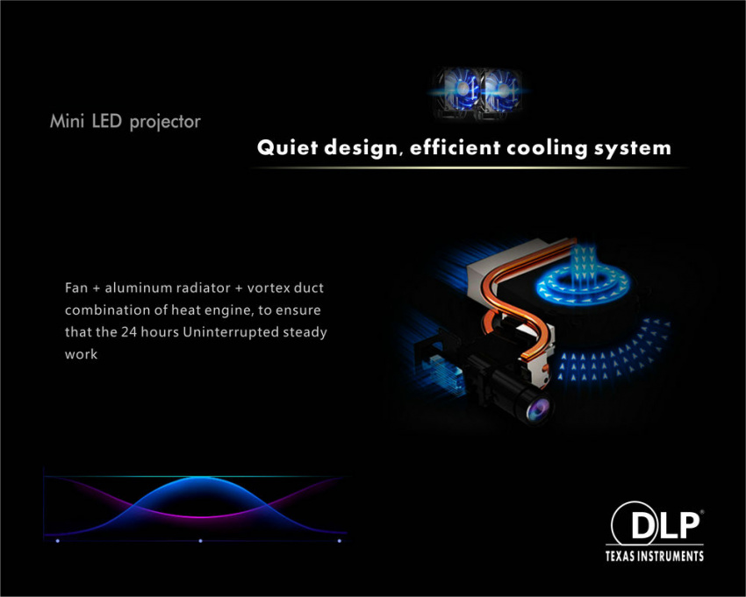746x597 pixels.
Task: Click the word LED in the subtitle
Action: (106, 121)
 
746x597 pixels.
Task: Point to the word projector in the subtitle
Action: (165, 122)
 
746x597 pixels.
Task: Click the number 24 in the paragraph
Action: (128, 331)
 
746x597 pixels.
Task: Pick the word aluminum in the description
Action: (138, 288)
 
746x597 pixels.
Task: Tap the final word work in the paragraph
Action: (81, 354)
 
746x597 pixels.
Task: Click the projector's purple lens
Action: (538, 409)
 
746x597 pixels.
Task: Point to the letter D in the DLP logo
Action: (644, 526)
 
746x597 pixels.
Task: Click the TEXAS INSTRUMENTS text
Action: (654, 556)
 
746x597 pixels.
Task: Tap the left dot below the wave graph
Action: (58, 541)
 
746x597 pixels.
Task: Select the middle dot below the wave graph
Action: (200, 541)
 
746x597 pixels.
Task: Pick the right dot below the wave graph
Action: (340, 541)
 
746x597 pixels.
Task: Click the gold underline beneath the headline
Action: (469, 167)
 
